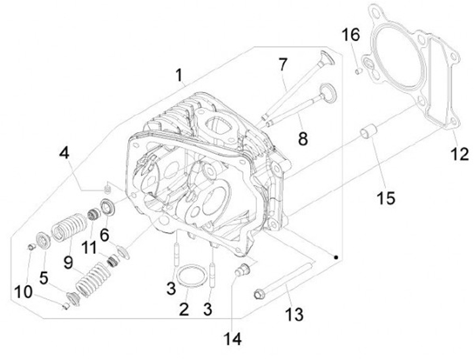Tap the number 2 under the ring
[x=185, y=308]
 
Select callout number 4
[x=64, y=153]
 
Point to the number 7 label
[x=282, y=64]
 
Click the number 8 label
[x=303, y=139]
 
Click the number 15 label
[x=387, y=197]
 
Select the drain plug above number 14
[x=243, y=269]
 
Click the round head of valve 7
[x=326, y=58]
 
